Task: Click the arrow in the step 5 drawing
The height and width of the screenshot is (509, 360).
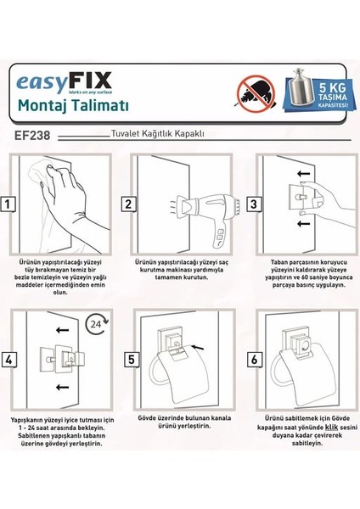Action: coord(200,347)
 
